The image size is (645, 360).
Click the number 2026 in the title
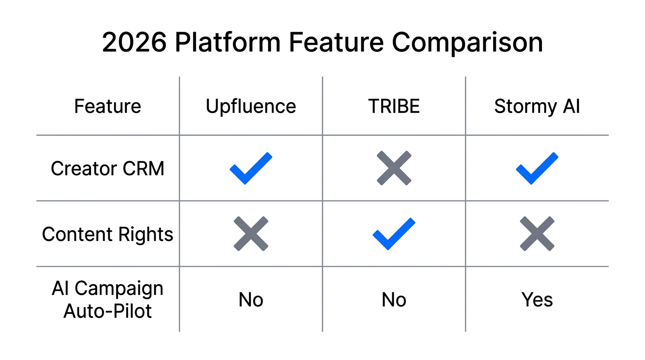(134, 43)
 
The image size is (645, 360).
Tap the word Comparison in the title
(467, 43)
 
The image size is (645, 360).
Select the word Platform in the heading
(228, 43)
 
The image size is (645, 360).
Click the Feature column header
(107, 106)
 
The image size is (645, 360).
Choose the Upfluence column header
(251, 106)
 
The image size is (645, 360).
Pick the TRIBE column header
(394, 106)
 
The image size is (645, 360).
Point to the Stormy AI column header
(537, 106)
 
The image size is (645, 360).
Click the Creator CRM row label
(107, 168)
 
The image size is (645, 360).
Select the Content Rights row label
(107, 234)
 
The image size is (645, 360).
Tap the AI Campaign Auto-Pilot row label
(107, 300)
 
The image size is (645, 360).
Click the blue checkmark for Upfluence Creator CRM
(251, 168)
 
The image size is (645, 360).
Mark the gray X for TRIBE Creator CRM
(394, 168)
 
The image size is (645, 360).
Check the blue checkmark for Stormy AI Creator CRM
(537, 168)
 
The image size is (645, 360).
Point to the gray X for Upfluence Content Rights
(251, 233)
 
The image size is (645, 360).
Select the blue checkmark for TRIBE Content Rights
(394, 233)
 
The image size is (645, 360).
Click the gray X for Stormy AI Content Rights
(537, 233)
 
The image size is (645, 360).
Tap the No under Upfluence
(251, 300)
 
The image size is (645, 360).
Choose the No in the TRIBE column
(394, 300)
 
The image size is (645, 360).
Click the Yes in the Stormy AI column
(537, 300)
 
